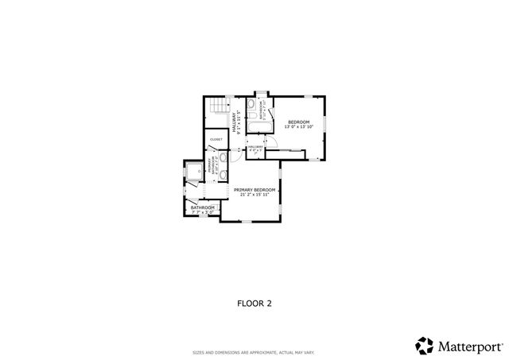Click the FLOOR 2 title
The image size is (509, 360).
coord(254,303)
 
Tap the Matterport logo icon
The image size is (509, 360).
coord(425,345)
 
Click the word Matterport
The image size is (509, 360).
coord(469,346)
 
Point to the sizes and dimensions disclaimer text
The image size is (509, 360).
coord(254,352)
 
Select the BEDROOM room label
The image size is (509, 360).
coord(299,122)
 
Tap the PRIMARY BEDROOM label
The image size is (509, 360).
coord(254,189)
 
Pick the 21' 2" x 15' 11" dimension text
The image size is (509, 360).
coord(254,195)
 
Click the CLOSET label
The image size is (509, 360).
coord(216,140)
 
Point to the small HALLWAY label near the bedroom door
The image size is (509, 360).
coord(255,146)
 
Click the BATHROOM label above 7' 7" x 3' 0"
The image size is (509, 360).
coord(202,207)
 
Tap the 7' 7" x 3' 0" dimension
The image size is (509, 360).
coord(202,212)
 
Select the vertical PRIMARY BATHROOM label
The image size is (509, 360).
coord(211,166)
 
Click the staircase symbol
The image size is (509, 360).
coord(216,109)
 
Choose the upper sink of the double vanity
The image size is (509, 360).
coord(223,158)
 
